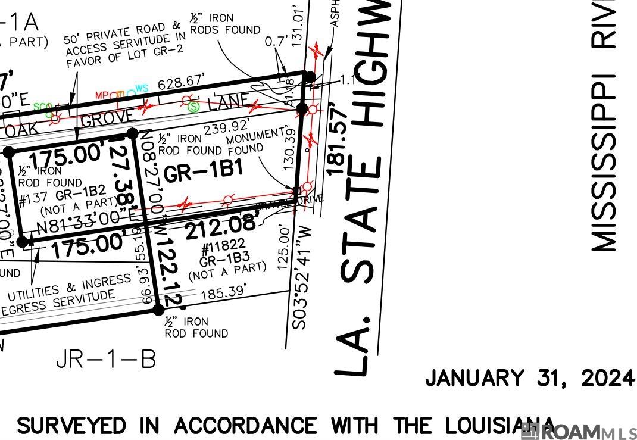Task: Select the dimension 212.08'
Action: point(221,227)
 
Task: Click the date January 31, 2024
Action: point(529,378)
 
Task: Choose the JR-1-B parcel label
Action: point(107,359)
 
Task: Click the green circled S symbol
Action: point(193,107)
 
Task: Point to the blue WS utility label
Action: point(141,89)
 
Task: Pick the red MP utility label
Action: point(102,95)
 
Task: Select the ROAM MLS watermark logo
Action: point(577,432)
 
